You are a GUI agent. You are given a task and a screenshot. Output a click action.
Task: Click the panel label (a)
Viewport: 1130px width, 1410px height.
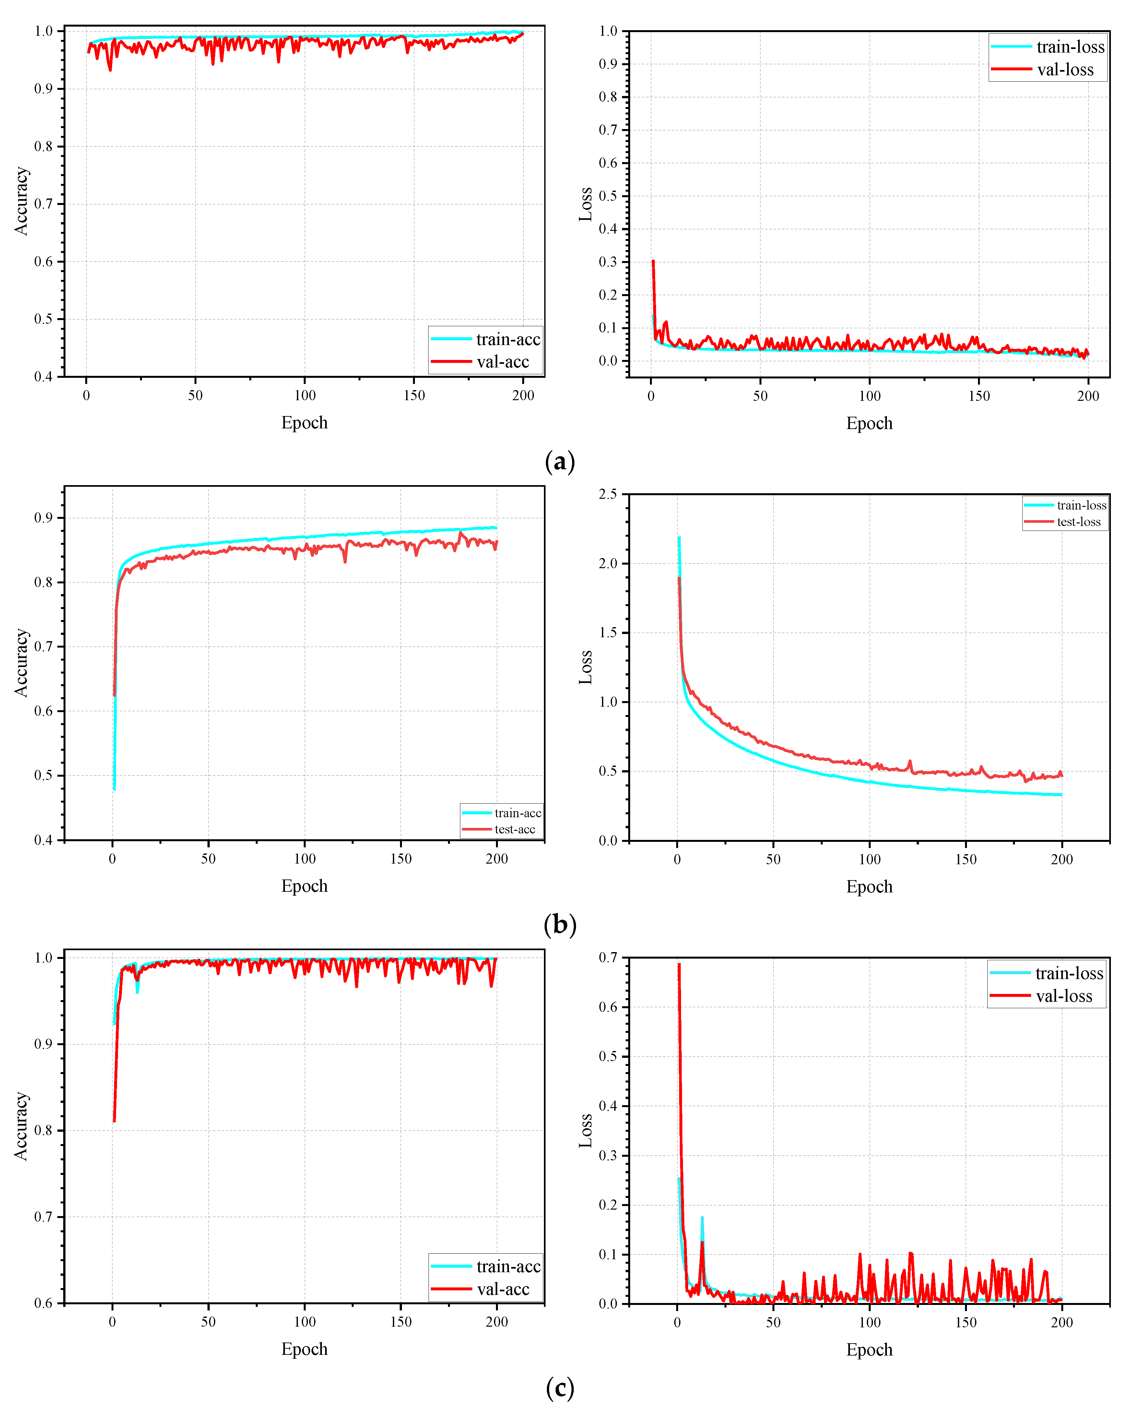[x=559, y=462]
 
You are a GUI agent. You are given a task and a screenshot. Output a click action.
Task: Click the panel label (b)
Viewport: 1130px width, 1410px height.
[x=559, y=925]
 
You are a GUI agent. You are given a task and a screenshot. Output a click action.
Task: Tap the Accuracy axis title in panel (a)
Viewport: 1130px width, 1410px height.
[x=22, y=201]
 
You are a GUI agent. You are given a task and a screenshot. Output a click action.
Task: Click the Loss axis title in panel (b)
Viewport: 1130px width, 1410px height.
[x=586, y=667]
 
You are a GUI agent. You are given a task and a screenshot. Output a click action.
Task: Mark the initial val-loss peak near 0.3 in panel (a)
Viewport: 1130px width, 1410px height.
[x=653, y=262]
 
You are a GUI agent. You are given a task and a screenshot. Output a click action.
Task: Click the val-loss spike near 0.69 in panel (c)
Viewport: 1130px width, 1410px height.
[x=679, y=964]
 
